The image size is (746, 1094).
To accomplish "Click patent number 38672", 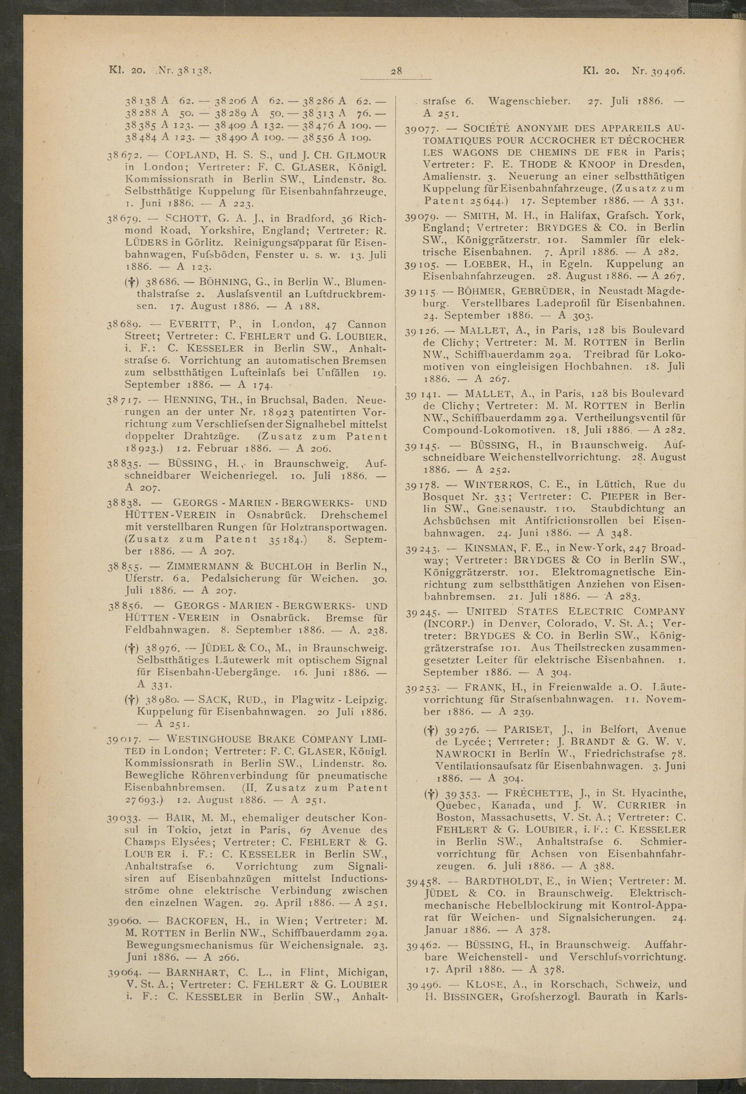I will click(121, 155).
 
